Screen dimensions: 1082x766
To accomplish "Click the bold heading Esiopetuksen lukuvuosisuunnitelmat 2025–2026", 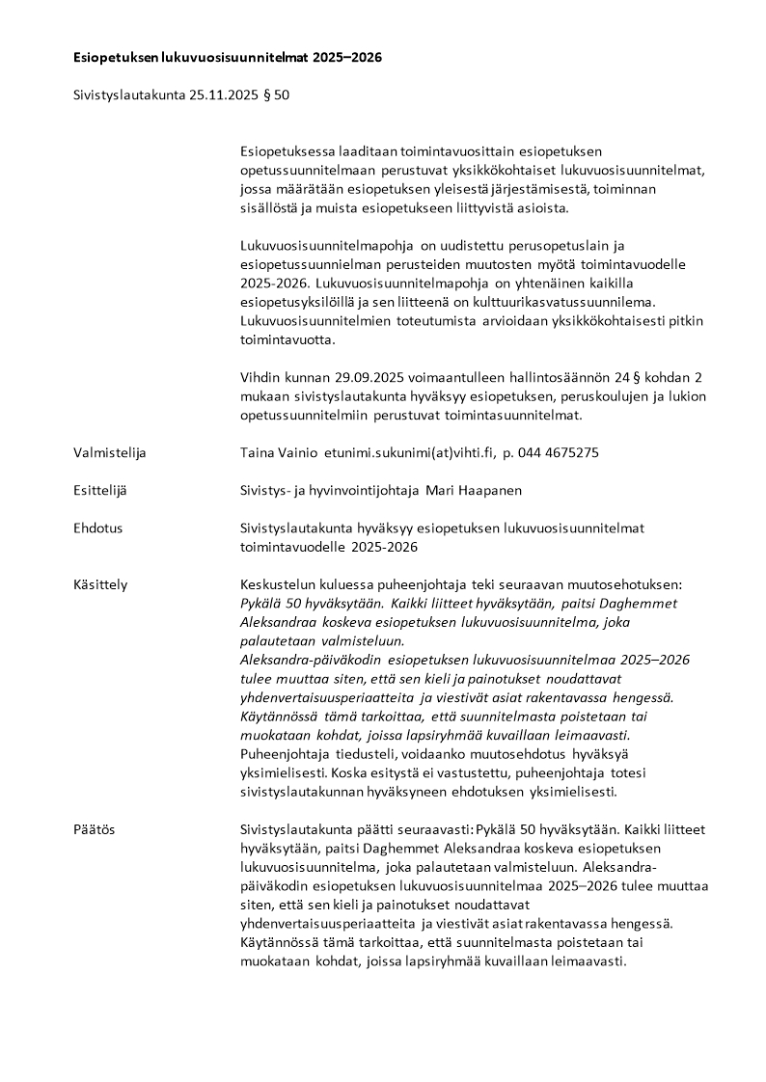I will [x=228, y=58].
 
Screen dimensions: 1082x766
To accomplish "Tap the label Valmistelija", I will [x=110, y=452].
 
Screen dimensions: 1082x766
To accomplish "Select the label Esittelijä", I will [x=100, y=490].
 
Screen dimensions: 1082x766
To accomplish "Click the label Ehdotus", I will [x=98, y=527].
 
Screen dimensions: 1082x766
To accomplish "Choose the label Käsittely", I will [x=100, y=584].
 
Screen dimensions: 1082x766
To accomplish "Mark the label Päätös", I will [x=95, y=828].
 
